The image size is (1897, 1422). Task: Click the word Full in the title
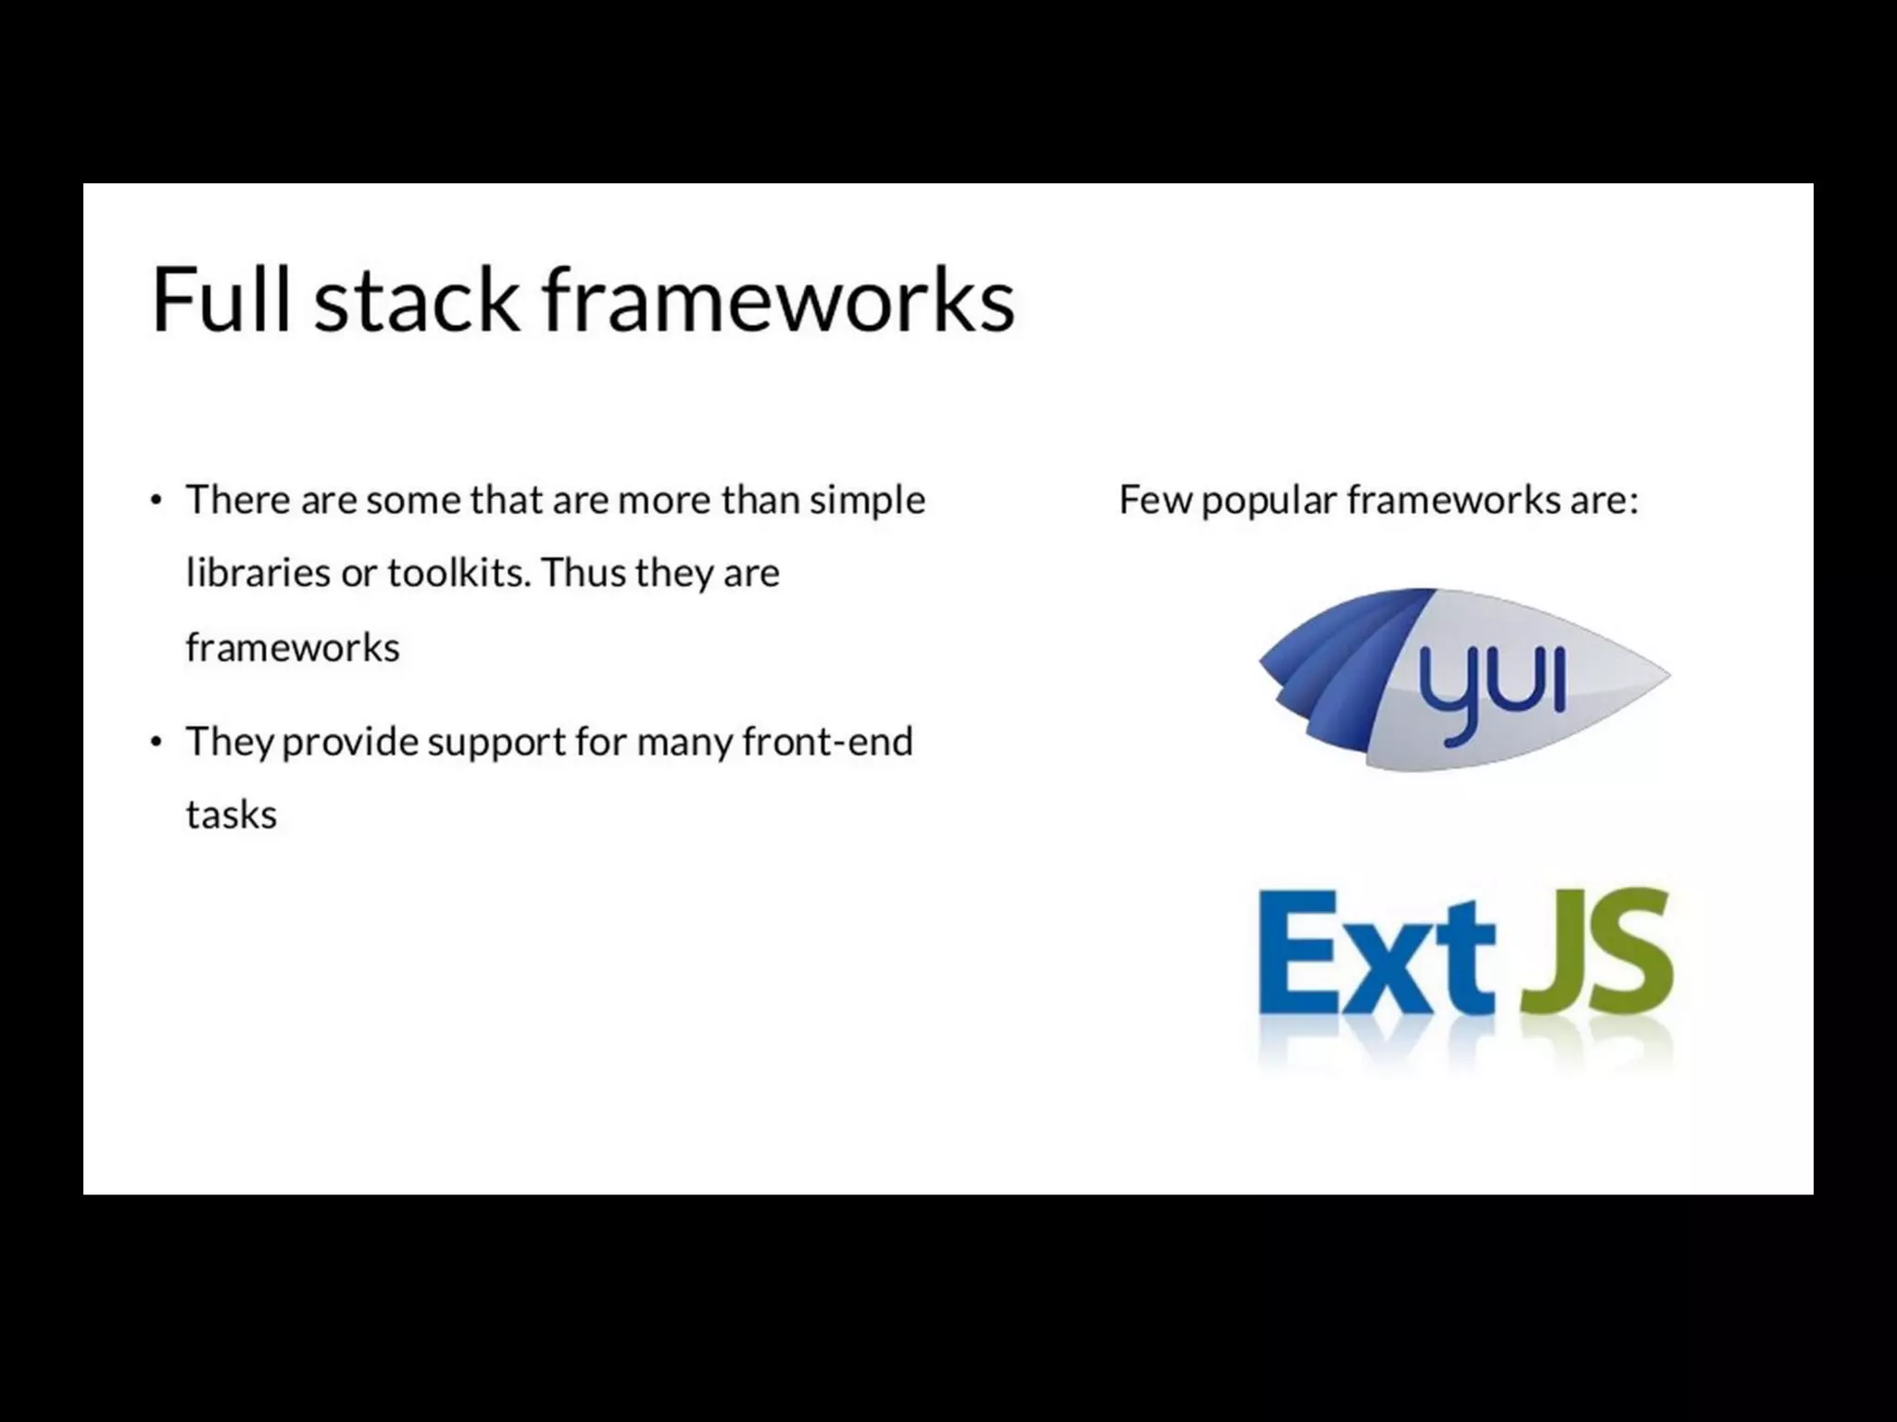pyautogui.click(x=221, y=299)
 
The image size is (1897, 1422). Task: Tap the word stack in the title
pyautogui.click(x=416, y=299)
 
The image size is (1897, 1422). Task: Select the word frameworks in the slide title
pyautogui.click(x=778, y=299)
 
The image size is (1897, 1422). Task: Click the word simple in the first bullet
pyautogui.click(x=867, y=501)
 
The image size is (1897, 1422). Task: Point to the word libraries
pyautogui.click(x=258, y=573)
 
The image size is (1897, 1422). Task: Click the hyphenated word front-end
pyautogui.click(x=827, y=742)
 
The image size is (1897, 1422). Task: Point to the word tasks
pyautogui.click(x=231, y=816)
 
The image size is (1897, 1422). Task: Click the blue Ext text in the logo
pyautogui.click(x=1376, y=954)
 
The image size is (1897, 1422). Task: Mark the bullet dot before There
pyautogui.click(x=156, y=501)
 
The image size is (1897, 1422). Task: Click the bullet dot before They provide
pyautogui.click(x=156, y=742)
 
